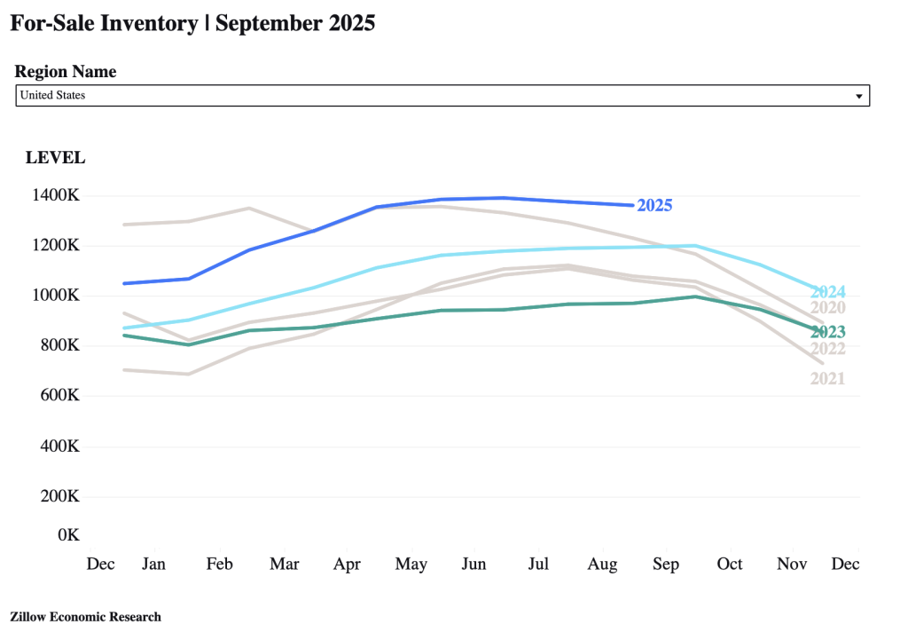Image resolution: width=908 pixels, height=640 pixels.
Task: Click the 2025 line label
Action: tap(654, 206)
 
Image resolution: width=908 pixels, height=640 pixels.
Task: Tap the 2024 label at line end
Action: tap(827, 292)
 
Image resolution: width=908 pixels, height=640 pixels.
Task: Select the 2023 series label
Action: tap(827, 333)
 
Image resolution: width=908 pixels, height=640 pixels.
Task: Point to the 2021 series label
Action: tap(827, 379)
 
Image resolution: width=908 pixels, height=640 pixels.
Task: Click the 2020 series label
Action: tap(827, 309)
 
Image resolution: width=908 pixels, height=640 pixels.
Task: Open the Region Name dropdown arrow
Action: tap(858, 96)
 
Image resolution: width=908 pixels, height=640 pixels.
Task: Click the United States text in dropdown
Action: tap(52, 95)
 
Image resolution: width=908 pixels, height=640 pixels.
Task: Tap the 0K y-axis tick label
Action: tap(68, 535)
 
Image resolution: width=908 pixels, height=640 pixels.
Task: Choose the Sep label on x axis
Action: tap(665, 565)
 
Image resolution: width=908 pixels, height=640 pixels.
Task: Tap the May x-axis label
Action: tap(411, 565)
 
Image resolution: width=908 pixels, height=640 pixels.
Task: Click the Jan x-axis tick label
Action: tap(153, 565)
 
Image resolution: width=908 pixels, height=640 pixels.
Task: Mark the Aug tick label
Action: tap(603, 565)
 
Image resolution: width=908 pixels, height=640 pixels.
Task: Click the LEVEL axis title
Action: tap(55, 158)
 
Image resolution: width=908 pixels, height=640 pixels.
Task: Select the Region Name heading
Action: tap(66, 72)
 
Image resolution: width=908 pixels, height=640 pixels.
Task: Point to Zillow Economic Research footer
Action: tap(85, 616)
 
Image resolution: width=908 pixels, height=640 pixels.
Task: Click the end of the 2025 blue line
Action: tap(631, 205)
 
